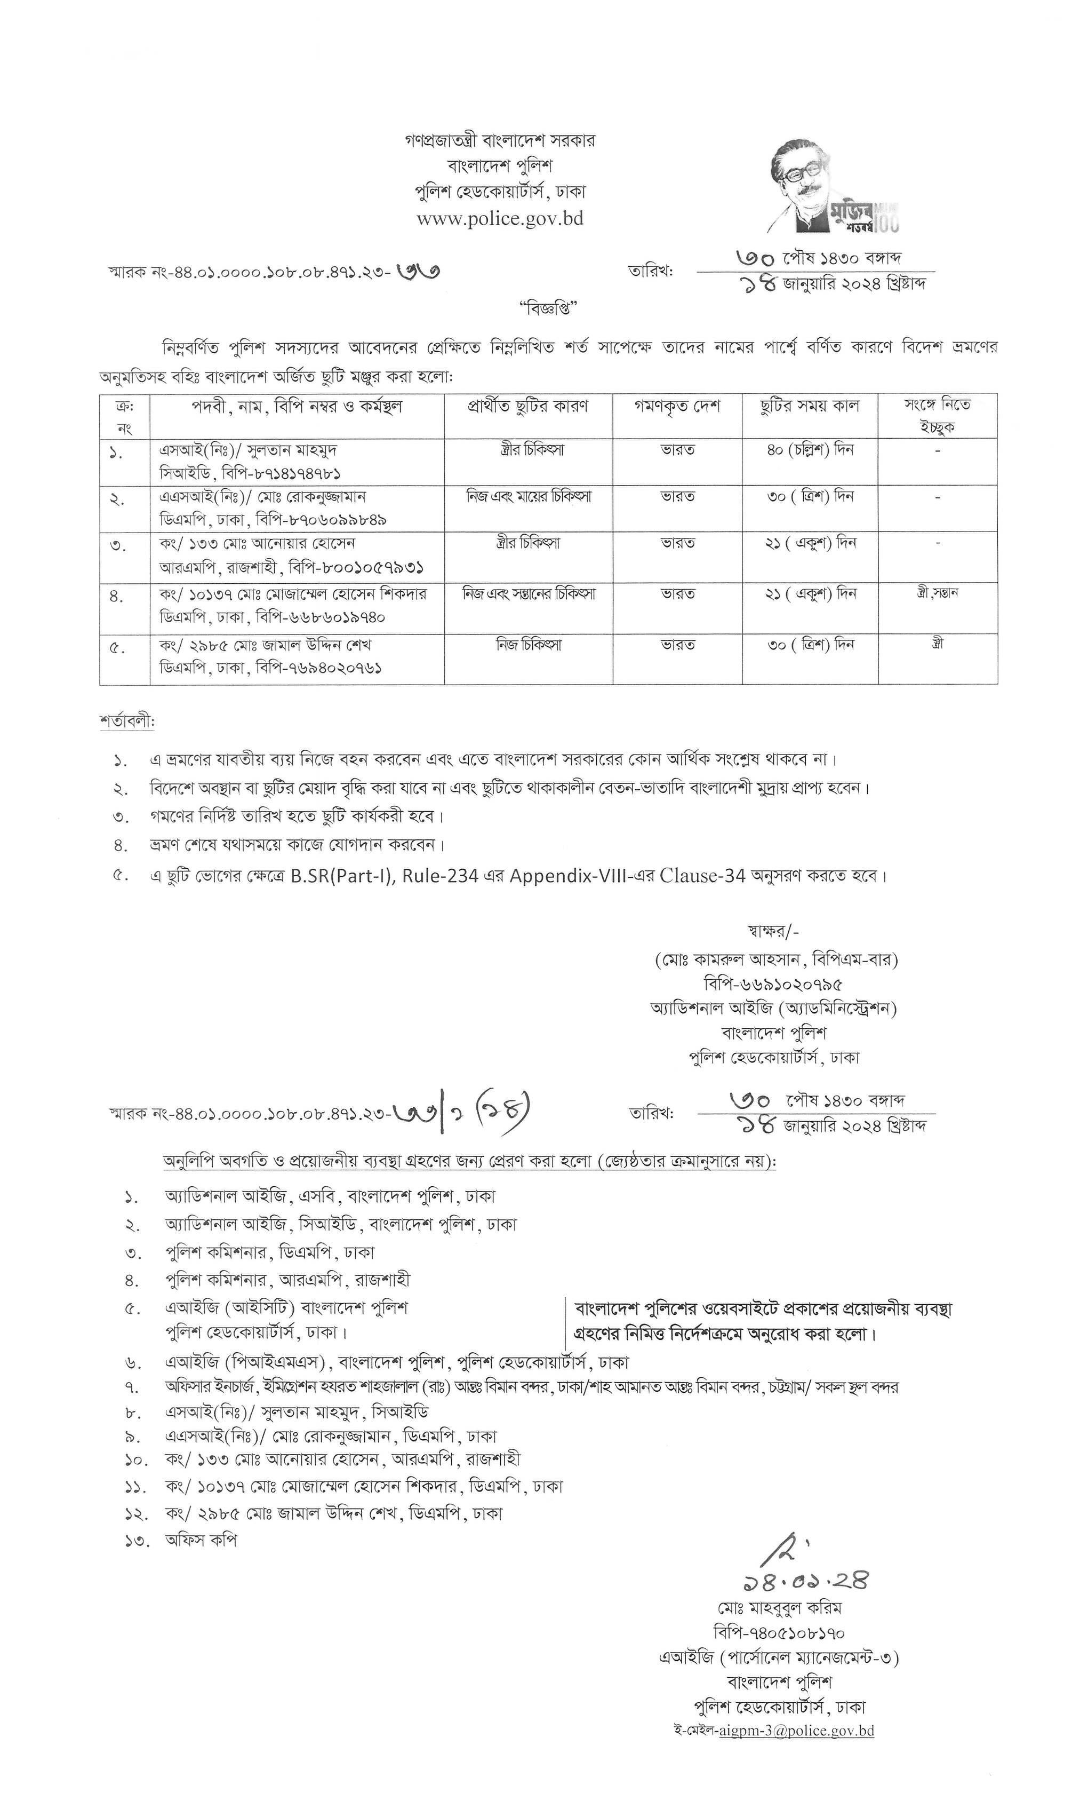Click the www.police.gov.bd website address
[x=500, y=219]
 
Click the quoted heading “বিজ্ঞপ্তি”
[x=548, y=308]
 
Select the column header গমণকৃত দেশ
[x=677, y=407]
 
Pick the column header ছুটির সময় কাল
[x=810, y=407]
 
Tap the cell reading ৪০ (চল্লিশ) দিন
[x=810, y=450]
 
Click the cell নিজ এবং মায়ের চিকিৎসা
[x=529, y=497]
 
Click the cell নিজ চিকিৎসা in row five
[x=529, y=645]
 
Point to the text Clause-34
[x=702, y=876]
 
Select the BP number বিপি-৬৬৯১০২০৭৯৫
[x=774, y=985]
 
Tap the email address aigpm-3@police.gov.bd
[x=796, y=1731]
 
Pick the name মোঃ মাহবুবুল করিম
[x=779, y=1607]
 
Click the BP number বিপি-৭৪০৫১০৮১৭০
[x=779, y=1632]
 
